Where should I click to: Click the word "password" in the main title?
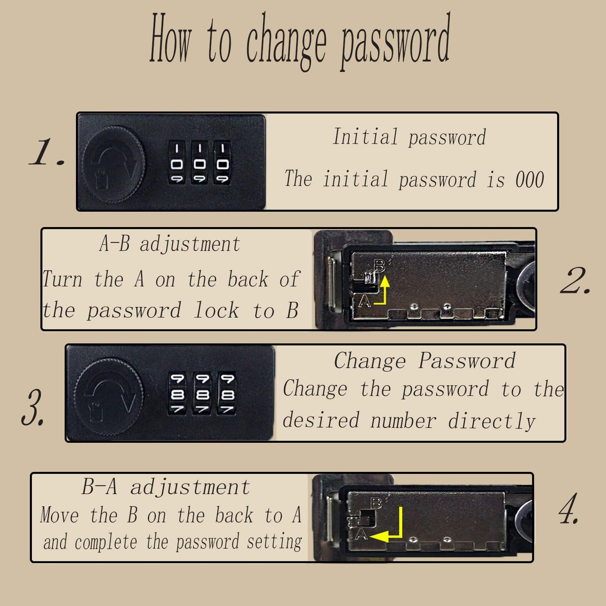click(396, 42)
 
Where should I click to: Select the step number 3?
click(33, 407)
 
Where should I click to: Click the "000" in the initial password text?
click(530, 179)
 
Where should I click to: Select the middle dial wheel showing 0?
click(199, 162)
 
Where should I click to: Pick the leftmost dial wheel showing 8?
click(177, 393)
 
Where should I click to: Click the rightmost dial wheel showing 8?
click(227, 393)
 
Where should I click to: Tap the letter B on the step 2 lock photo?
click(379, 266)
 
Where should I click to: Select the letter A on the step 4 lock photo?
click(361, 534)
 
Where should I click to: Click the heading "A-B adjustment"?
click(170, 244)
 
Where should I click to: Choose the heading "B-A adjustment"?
click(166, 487)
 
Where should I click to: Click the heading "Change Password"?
click(425, 360)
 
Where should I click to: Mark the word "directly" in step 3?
click(492, 421)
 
